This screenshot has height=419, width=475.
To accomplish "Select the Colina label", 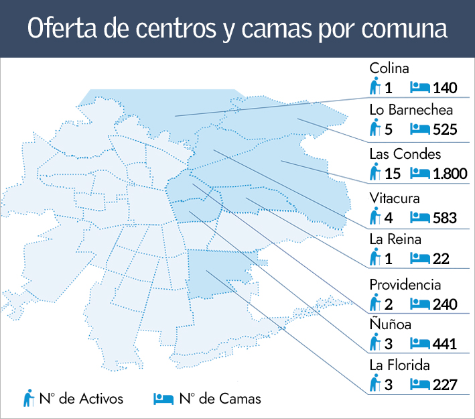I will pos(389,68).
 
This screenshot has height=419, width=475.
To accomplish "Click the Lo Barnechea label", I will pos(411,111).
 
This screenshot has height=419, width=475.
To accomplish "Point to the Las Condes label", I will pos(405,155).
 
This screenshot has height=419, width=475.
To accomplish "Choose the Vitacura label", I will pos(395,199).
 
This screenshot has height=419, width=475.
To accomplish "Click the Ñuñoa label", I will pos(390,324).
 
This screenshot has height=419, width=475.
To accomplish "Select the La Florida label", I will pos(399,365).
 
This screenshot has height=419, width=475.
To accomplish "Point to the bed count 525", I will pos(445,129).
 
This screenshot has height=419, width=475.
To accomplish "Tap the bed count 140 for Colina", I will pos(445,88).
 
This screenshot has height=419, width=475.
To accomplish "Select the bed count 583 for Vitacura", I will pos(445,218).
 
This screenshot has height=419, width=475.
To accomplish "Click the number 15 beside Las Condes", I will pos(393,174).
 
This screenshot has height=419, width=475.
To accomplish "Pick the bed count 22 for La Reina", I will pos(441,259).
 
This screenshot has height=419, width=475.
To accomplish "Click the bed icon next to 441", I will pos(419,344).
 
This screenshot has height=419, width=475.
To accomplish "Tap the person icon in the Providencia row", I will pos(375,303).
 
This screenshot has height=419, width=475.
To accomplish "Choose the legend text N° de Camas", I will pos(220,399).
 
